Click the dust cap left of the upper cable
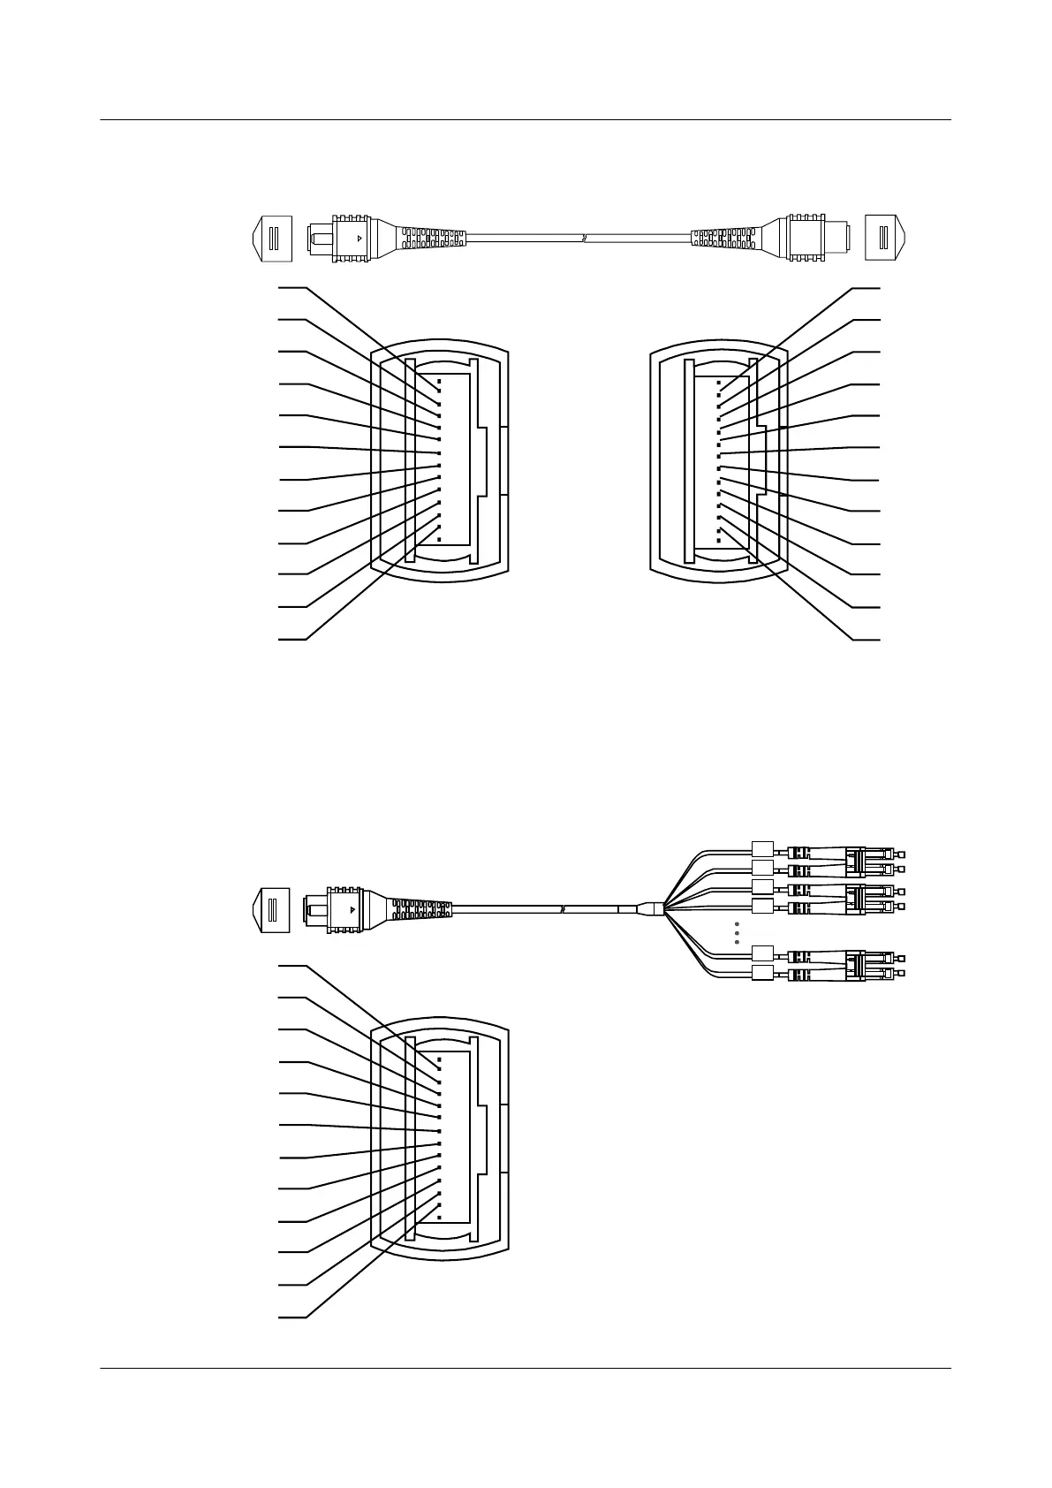pos(271,239)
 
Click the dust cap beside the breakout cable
pos(271,909)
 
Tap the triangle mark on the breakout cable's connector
pos(352,908)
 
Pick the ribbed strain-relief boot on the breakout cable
pos(421,908)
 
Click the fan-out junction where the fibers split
pos(655,907)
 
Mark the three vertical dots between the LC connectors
pos(737,933)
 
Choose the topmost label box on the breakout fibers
pos(761,846)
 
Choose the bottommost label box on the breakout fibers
pos(761,974)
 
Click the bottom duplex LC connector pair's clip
pos(855,965)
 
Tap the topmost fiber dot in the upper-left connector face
pos(439,382)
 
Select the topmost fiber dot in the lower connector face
pos(439,1058)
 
